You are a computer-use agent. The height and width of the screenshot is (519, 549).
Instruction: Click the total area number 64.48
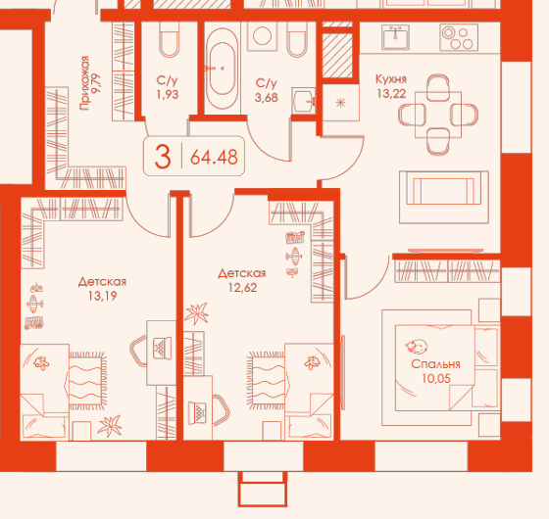214,157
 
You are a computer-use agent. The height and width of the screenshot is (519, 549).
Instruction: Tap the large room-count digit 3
163,157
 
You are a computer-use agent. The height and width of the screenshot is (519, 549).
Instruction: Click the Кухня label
391,79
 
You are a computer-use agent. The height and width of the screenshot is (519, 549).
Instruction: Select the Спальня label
435,364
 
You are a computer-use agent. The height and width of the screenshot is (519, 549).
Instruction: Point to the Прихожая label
84,83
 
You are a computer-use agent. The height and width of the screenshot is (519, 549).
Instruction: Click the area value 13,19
102,296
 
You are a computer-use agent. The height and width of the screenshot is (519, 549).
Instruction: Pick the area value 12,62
243,288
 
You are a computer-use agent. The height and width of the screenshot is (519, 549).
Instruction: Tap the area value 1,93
168,94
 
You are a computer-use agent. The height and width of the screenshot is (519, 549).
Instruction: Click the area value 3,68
267,97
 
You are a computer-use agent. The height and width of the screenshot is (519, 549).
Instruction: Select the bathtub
222,69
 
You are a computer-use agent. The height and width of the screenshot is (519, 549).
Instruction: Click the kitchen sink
396,37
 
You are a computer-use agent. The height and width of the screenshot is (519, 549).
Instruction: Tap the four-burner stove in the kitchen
459,37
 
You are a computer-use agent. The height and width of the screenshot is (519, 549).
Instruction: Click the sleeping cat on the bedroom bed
417,347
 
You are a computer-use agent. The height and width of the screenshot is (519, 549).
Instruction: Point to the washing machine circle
263,35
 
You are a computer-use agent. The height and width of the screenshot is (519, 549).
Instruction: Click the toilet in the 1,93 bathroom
169,39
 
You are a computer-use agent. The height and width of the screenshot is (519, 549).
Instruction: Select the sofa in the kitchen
444,197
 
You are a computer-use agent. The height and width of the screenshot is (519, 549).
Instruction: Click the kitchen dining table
438,115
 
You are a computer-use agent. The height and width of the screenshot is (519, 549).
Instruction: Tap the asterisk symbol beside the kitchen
341,103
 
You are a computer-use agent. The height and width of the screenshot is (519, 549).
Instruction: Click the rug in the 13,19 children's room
87,381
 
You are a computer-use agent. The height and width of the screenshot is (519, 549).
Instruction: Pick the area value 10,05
436,378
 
